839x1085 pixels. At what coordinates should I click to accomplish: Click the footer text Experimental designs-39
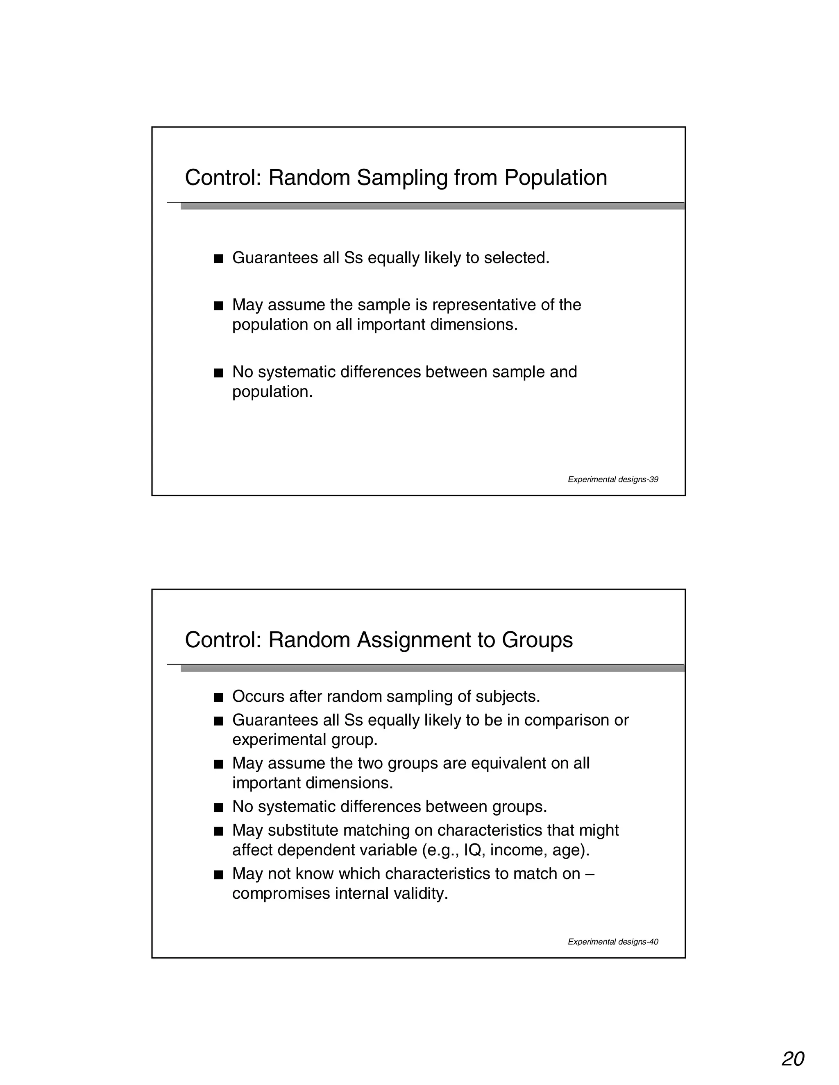[613, 479]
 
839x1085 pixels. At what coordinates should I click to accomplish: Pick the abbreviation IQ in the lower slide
[473, 850]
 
